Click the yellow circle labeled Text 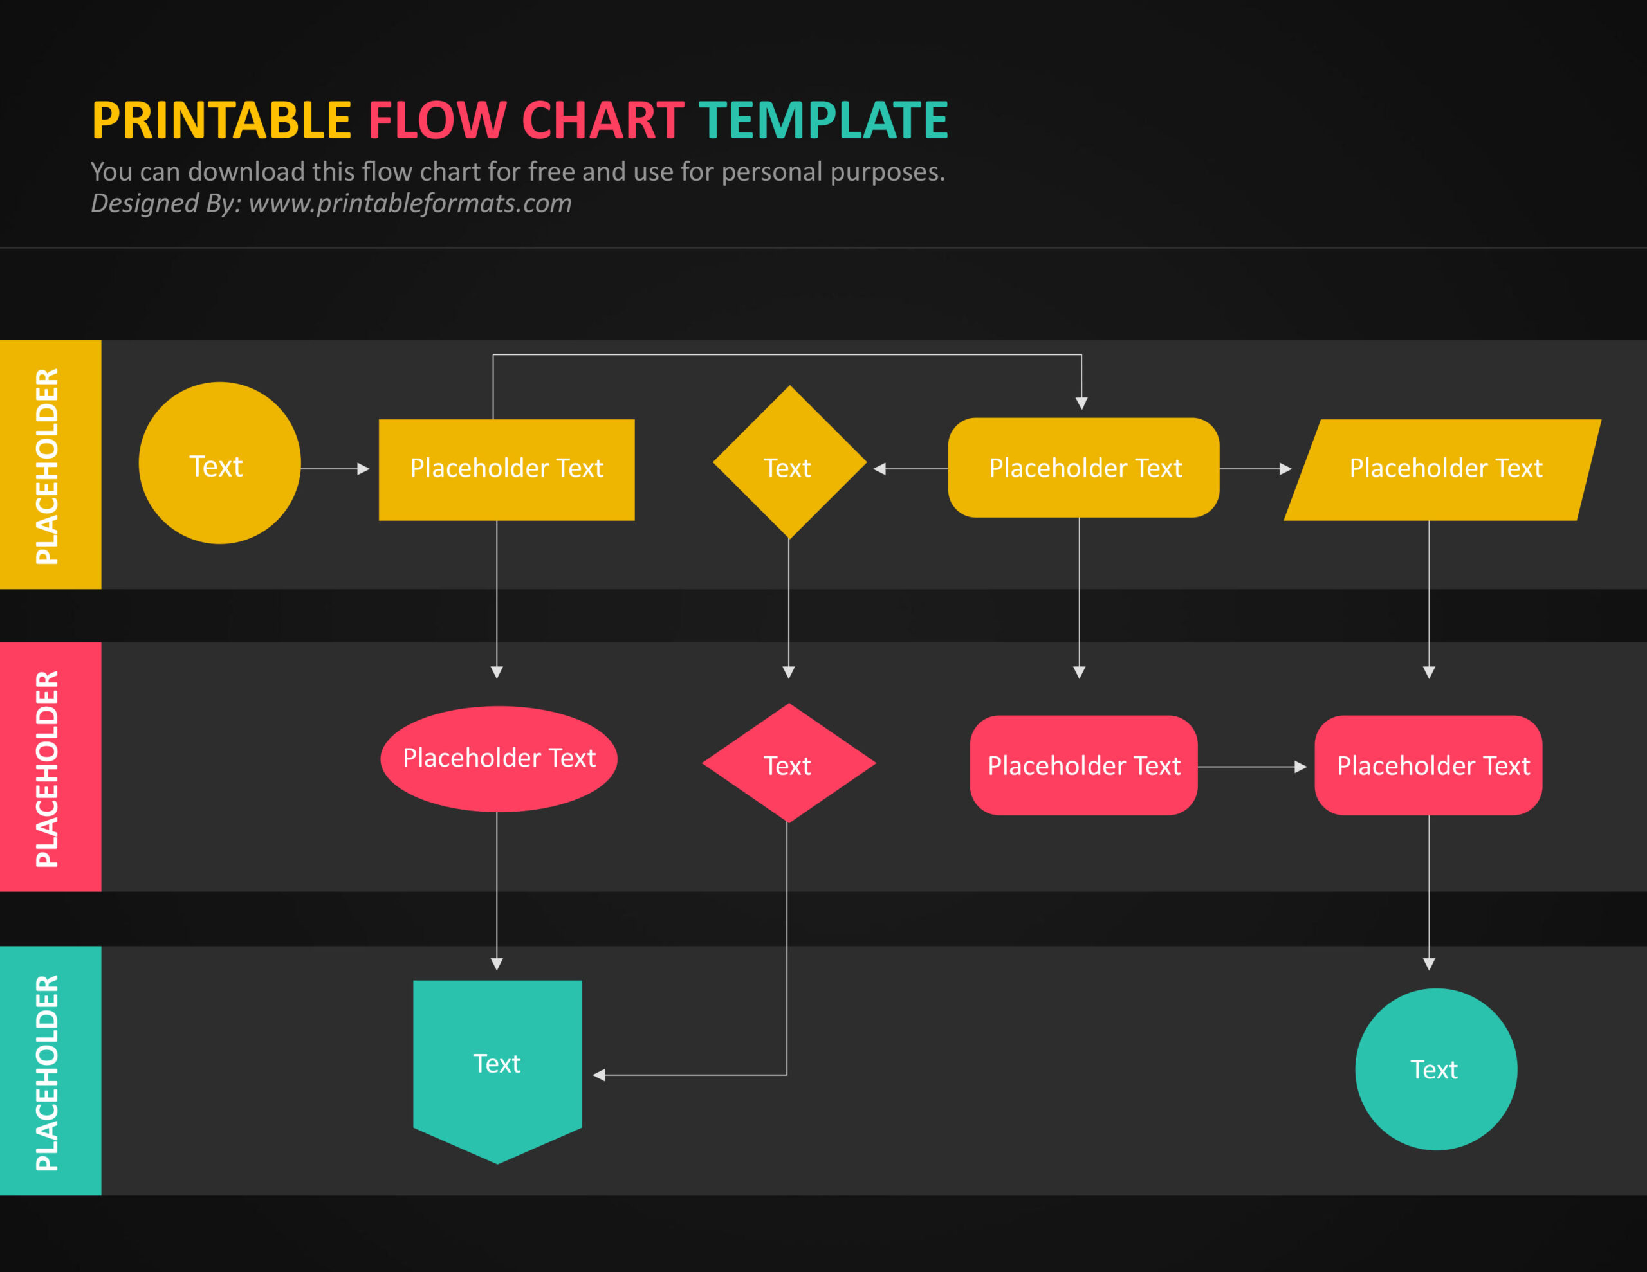click(219, 463)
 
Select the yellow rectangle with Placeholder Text click(506, 469)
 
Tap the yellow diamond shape click(789, 462)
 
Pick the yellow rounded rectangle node click(1083, 468)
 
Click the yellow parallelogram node click(1442, 469)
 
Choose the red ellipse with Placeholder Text click(499, 759)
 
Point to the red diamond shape click(789, 763)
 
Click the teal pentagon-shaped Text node click(497, 1065)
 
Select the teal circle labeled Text click(1435, 1069)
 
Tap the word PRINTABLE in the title click(222, 121)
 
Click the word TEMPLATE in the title click(823, 121)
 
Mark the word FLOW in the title click(437, 121)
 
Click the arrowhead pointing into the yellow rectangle click(363, 469)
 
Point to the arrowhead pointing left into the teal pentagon click(600, 1075)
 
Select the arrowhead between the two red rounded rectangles click(1300, 767)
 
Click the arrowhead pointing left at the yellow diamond click(879, 469)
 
